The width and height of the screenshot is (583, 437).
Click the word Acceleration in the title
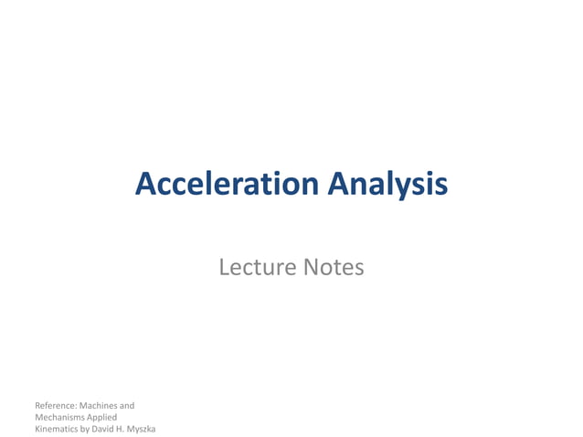tap(226, 185)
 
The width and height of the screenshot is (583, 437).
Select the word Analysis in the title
tap(387, 185)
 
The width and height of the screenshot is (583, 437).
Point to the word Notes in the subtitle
tap(334, 268)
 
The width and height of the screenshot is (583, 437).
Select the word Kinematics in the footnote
tap(57, 429)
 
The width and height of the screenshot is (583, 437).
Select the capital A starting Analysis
tap(337, 185)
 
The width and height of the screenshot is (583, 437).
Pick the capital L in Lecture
tap(224, 268)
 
